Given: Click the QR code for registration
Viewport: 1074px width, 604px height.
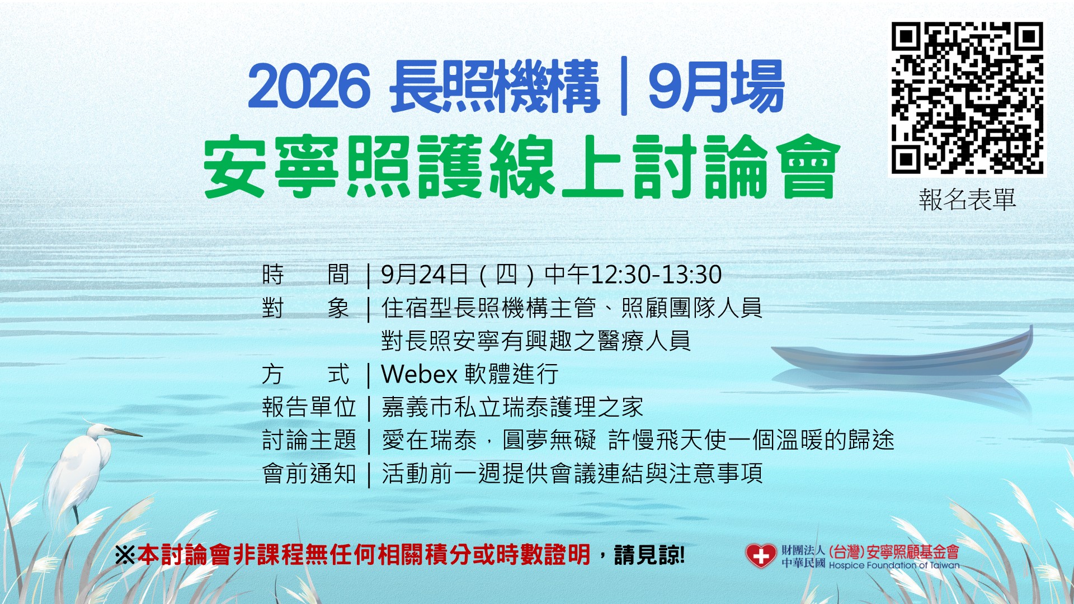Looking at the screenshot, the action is pos(967,98).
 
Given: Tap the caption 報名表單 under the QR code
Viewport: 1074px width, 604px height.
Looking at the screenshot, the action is pos(967,200).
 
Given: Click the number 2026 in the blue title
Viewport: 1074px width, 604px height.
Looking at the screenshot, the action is pos(309,87).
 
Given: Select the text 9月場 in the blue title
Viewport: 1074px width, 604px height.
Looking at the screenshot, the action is pos(716,87).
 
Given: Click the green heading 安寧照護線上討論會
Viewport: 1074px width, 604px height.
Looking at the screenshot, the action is pos(521,167).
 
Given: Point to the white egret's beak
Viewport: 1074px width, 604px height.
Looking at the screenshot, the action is pos(123,432).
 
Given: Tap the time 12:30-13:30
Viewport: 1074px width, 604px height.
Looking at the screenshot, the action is pos(656,275).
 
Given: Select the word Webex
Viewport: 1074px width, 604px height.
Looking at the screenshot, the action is pos(420,374).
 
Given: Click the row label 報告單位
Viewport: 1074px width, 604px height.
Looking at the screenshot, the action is pos(309,407).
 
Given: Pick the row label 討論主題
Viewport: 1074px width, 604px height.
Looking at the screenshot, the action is pos(309,440).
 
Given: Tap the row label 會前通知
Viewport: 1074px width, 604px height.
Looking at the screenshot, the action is pos(309,474).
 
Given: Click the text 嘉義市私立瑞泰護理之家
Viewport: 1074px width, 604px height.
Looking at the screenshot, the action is pos(512,407).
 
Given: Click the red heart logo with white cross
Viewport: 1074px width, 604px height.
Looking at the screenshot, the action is pos(761,556).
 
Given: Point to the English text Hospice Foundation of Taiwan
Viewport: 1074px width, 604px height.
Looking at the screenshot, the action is pos(894,565).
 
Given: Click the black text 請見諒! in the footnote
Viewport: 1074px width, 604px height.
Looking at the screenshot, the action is pos(649,555).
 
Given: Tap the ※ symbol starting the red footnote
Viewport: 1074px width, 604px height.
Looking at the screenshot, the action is pos(125,555).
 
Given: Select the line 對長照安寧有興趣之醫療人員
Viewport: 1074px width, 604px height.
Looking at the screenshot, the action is pos(536,341).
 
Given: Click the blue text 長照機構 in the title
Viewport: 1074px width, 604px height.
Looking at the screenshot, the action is pos(495,87).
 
